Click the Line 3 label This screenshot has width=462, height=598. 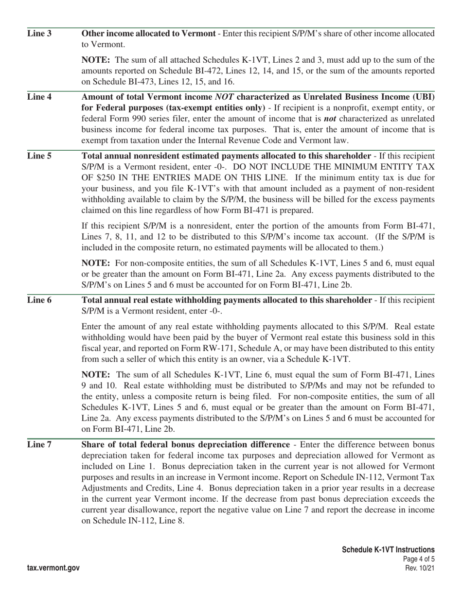pos(39,34)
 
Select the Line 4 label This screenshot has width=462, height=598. pos(39,96)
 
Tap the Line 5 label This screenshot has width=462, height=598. pos(39,156)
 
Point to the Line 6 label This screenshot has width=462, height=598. pos(39,300)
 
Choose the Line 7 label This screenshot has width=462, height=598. pos(39,445)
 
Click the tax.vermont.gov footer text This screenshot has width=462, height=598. pos(53,568)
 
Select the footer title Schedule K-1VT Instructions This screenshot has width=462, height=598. pos(388,550)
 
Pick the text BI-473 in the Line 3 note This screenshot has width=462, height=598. pos(145,82)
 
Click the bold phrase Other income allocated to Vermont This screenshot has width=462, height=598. pos(148,34)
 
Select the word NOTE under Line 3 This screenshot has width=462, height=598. pos(95,60)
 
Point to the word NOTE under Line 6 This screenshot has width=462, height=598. pos(95,375)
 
